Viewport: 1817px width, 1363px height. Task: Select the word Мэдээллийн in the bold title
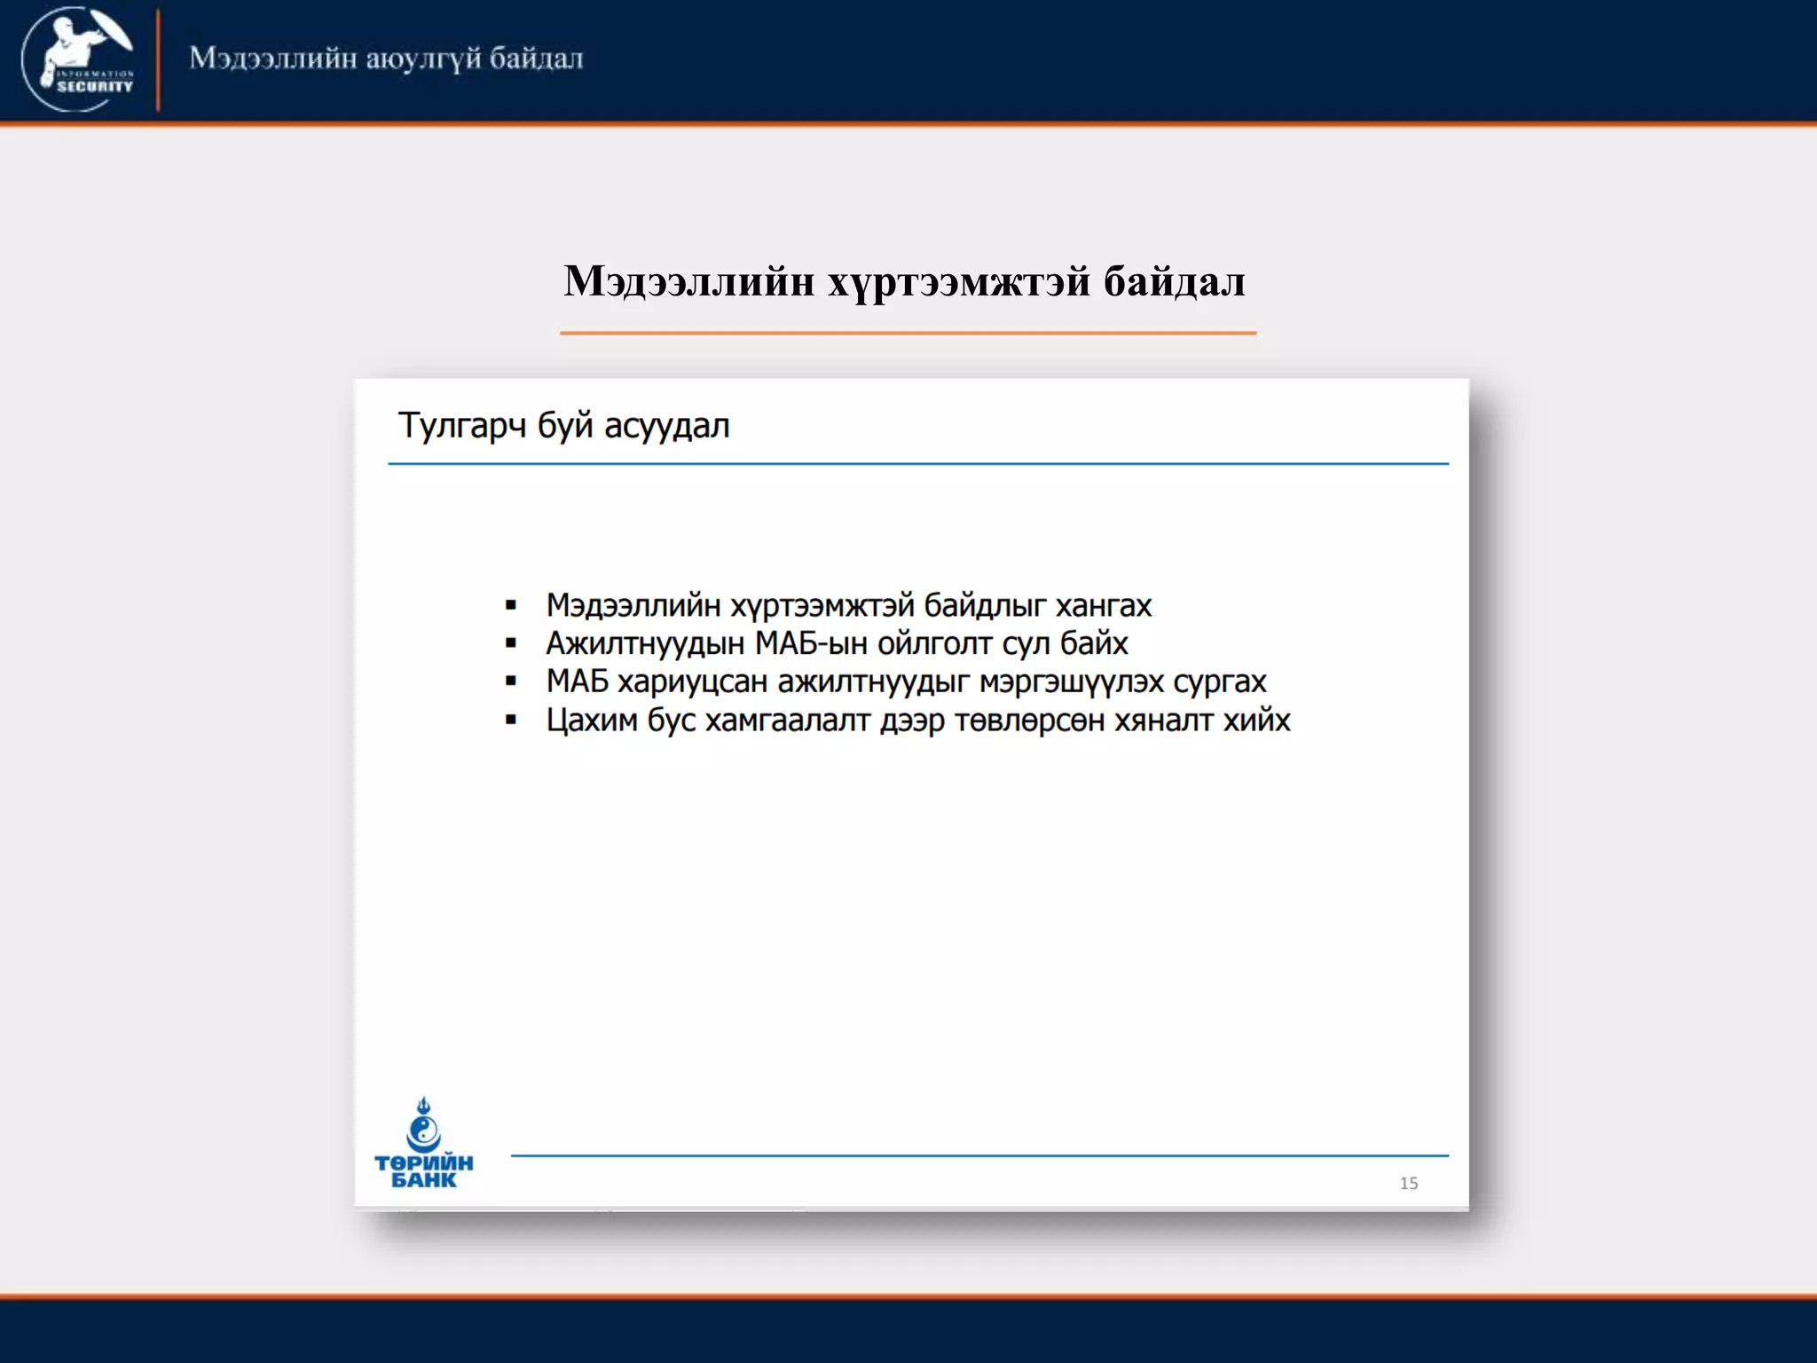688,281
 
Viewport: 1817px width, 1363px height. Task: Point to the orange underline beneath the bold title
908,333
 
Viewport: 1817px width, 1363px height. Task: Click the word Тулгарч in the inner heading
462,426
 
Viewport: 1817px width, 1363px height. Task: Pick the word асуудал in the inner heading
666,426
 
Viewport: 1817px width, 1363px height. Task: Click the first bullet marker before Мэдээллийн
511,606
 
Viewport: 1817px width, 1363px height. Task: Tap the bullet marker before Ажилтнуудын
511,643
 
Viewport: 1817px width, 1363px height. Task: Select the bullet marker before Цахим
511,720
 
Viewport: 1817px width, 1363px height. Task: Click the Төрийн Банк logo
423,1145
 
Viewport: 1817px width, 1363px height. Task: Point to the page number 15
1408,1183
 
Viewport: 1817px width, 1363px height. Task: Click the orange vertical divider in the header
159,59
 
